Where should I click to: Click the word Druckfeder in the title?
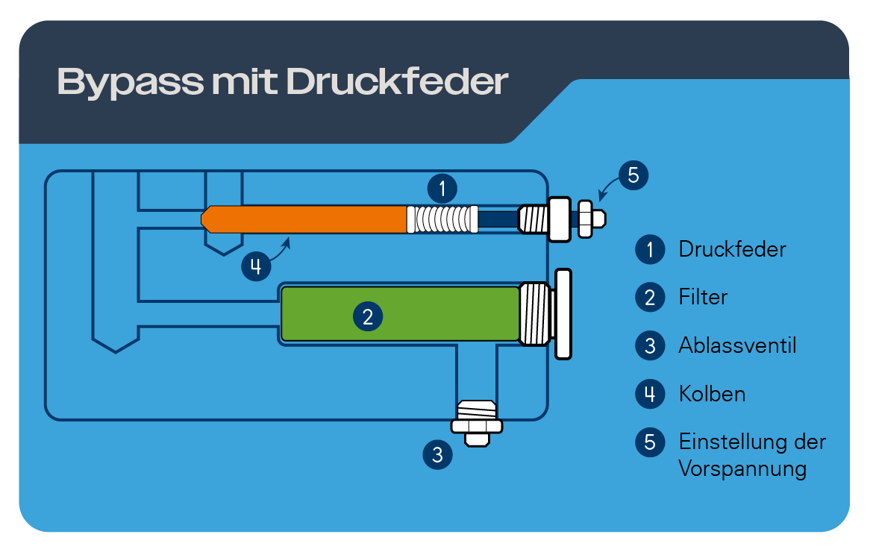coord(397,82)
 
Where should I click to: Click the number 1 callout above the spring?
coord(442,188)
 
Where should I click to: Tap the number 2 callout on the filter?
coord(367,317)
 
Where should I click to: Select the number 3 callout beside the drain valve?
coord(437,454)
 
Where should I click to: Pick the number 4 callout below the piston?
coord(256,266)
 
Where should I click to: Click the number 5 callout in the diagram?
coord(633,175)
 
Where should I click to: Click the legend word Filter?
coord(702,298)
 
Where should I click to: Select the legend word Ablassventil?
coord(737,346)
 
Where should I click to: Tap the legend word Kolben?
coord(712,394)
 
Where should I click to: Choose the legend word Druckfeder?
coord(732,249)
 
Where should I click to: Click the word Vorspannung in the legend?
coord(742,469)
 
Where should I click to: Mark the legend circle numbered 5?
coord(650,442)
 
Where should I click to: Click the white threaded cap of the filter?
coord(536,313)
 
